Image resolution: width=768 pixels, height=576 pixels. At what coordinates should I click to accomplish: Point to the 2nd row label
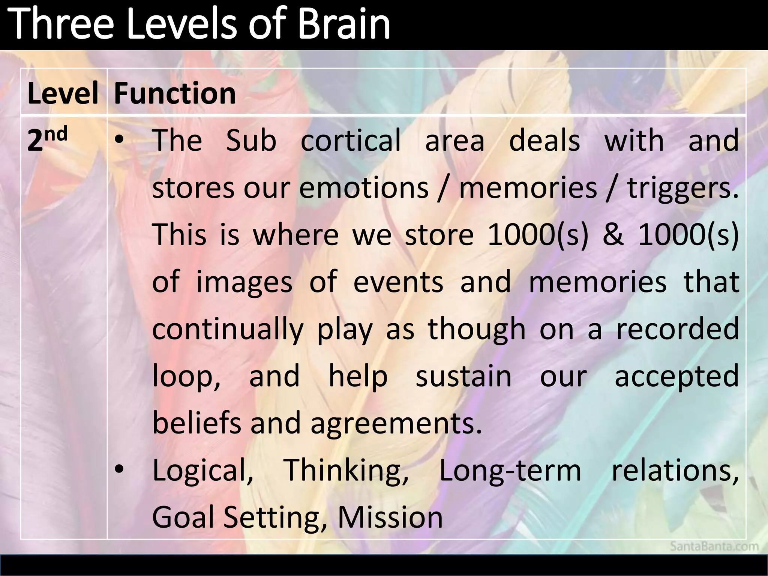coord(47,139)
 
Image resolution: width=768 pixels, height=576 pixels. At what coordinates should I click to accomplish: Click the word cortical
coord(351,140)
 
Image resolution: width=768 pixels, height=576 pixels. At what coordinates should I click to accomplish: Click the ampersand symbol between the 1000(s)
coord(613,235)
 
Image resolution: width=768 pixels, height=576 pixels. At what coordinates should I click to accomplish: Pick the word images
coord(244,282)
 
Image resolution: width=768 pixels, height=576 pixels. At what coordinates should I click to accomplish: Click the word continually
coord(228,329)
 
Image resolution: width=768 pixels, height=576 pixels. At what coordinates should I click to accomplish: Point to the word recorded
coord(677,329)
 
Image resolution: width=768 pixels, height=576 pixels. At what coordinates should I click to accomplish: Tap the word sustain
coord(463,376)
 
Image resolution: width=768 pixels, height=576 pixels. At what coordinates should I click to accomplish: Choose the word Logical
coord(202,471)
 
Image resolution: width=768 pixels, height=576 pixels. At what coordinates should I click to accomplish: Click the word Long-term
coord(510,471)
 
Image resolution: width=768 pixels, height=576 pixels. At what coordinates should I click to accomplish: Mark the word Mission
coord(390,517)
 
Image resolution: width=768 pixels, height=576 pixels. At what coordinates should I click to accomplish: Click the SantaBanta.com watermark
coord(714,546)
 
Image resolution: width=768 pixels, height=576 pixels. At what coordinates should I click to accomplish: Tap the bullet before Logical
coord(119,469)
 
